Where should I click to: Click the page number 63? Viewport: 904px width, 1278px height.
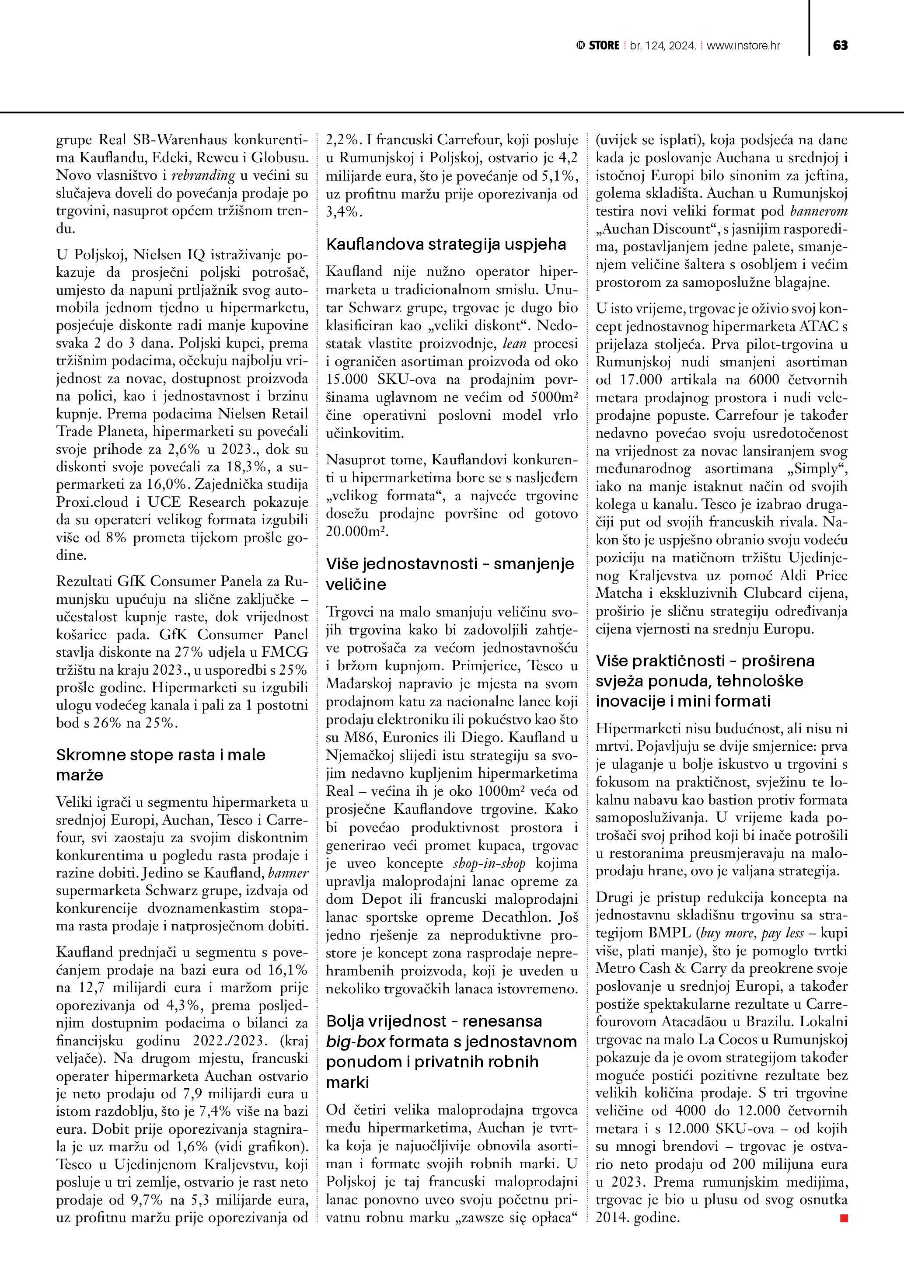click(840, 45)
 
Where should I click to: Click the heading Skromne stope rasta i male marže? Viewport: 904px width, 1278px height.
click(161, 765)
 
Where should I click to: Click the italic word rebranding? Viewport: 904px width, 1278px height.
click(203, 175)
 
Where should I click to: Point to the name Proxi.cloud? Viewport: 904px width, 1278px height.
click(92, 502)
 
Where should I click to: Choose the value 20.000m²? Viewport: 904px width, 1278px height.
click(356, 532)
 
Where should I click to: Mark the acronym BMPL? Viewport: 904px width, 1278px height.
click(669, 933)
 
